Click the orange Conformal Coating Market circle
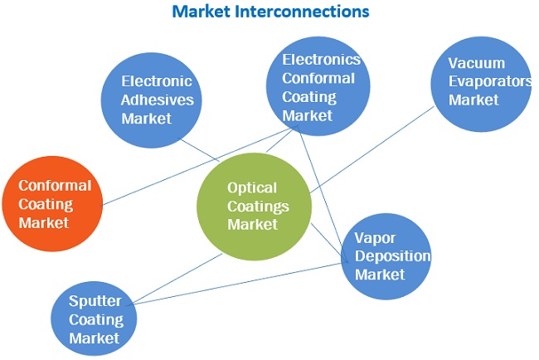[51, 203]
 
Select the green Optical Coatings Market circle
[253, 207]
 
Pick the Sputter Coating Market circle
[93, 319]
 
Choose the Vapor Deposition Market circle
[386, 255]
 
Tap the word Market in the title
[204, 12]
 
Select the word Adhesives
[158, 100]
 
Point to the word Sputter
[96, 301]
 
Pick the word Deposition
[392, 255]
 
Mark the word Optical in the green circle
[252, 188]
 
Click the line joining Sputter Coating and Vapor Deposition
[240, 282]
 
